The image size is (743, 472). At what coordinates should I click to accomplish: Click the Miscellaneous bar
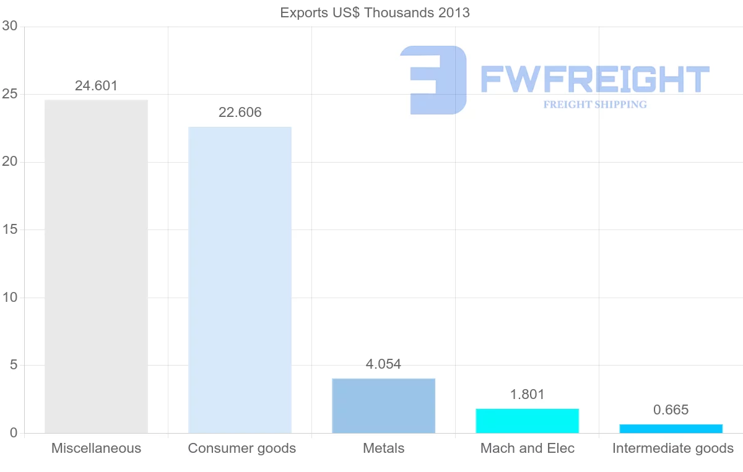pyautogui.click(x=96, y=266)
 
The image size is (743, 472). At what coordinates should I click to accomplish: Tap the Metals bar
pyautogui.click(x=383, y=406)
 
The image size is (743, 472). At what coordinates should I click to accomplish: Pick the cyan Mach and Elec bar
pyautogui.click(x=527, y=421)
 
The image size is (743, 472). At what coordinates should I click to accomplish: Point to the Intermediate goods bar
pyautogui.click(x=671, y=429)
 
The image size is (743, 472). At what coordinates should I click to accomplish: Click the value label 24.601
pyautogui.click(x=96, y=86)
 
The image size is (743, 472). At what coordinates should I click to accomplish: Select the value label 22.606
pyautogui.click(x=240, y=113)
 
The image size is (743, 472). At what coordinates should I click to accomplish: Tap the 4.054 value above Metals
pyautogui.click(x=383, y=364)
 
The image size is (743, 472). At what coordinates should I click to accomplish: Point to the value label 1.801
pyautogui.click(x=527, y=395)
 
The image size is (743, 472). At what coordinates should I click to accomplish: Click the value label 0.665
pyautogui.click(x=671, y=410)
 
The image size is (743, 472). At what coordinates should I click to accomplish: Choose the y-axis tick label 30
pyautogui.click(x=9, y=26)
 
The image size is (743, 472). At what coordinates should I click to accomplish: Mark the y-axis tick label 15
pyautogui.click(x=9, y=230)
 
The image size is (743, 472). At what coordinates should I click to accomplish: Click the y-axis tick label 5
pyautogui.click(x=13, y=365)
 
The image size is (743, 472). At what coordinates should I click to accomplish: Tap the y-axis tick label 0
pyautogui.click(x=13, y=433)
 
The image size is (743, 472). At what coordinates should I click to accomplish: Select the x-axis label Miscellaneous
pyautogui.click(x=96, y=448)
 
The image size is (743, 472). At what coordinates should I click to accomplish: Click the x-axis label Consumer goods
pyautogui.click(x=241, y=448)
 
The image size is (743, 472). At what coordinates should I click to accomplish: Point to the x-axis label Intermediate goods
pyautogui.click(x=672, y=448)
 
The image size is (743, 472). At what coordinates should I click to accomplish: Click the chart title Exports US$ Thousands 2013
pyautogui.click(x=375, y=12)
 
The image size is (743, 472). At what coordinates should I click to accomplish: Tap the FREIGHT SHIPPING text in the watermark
pyautogui.click(x=594, y=105)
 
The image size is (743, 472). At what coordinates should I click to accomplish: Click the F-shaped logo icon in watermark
pyautogui.click(x=434, y=80)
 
